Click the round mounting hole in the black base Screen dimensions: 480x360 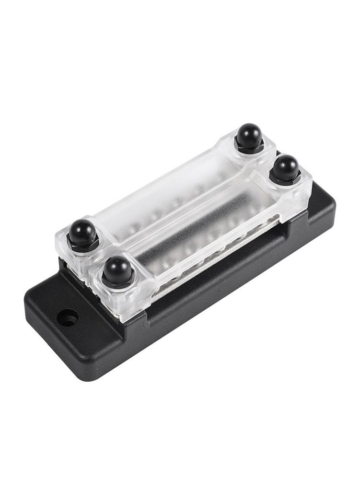click(x=69, y=318)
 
